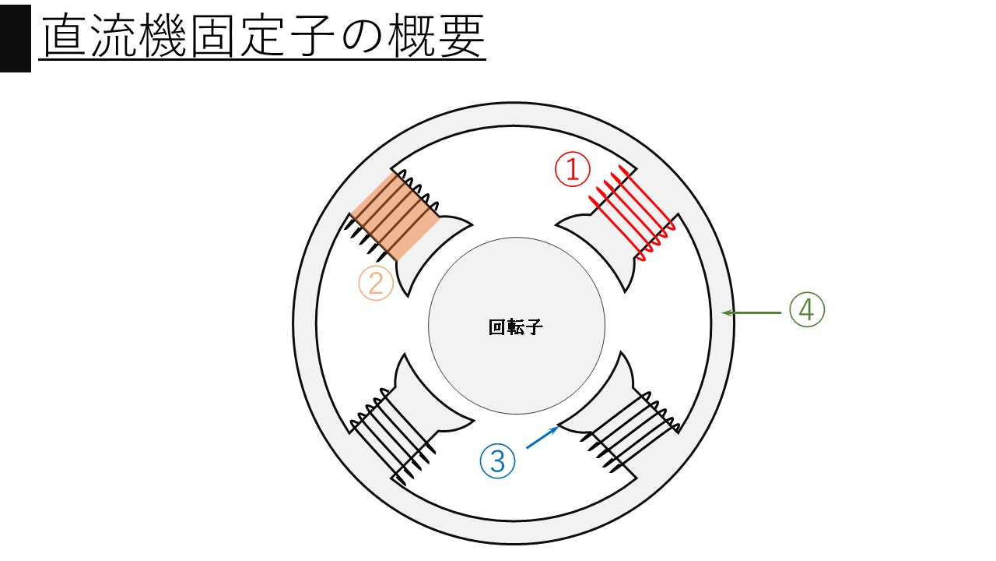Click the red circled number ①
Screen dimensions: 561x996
coord(572,169)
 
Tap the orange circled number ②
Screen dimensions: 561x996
coord(376,284)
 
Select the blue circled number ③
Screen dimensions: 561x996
coord(498,460)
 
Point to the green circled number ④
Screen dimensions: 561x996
coord(806,310)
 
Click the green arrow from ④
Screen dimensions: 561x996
coord(751,312)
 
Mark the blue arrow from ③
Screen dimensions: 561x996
coord(542,437)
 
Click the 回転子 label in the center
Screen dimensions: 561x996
coord(515,327)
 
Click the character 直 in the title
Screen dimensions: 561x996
coord(65,37)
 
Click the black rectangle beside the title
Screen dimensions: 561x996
coord(15,36)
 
